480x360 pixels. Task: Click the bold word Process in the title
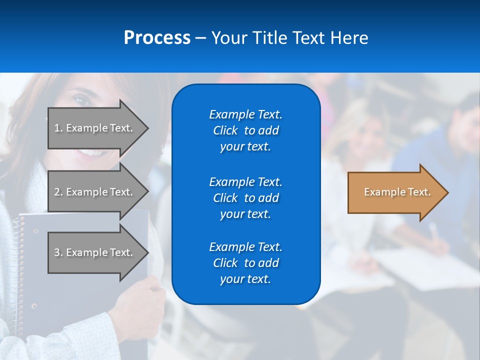[157, 37]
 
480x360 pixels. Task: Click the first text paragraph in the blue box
[245, 130]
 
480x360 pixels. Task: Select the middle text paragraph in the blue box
[245, 198]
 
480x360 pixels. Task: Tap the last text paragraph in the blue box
[245, 263]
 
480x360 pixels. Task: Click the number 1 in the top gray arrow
[57, 128]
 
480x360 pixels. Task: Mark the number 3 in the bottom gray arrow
[57, 252]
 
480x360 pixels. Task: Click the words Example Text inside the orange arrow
[397, 192]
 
